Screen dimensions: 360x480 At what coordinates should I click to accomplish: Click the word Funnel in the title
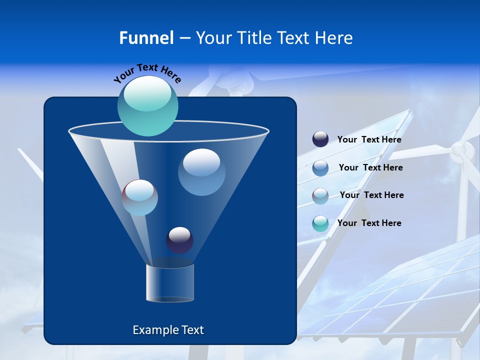(146, 38)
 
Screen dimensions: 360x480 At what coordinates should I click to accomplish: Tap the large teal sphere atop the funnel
(148, 105)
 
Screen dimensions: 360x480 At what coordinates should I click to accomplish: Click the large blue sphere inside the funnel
(201, 172)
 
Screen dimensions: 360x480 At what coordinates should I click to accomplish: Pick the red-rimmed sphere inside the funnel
(140, 197)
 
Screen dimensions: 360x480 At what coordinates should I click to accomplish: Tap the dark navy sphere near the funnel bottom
(179, 240)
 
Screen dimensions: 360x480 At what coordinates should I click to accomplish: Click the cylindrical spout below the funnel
(170, 283)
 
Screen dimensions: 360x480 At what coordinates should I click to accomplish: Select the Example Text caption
(168, 330)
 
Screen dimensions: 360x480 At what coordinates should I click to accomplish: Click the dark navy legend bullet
(320, 139)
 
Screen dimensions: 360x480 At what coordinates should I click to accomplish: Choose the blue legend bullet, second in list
(320, 168)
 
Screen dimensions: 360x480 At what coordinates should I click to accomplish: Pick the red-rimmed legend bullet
(320, 196)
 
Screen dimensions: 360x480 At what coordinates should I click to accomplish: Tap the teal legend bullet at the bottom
(320, 223)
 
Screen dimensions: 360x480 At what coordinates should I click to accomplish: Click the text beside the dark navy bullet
(369, 140)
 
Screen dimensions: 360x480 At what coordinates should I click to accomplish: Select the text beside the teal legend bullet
(369, 223)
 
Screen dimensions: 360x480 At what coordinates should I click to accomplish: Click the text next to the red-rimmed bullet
(371, 195)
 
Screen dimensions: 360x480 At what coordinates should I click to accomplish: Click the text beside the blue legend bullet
(370, 167)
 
